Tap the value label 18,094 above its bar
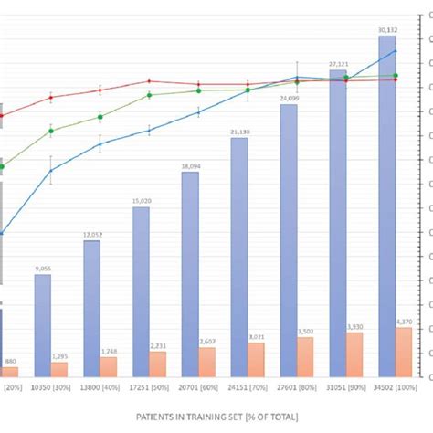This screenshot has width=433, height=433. click(191, 166)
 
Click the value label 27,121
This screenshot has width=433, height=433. click(338, 64)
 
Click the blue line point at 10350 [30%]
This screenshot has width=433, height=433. click(51, 169)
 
